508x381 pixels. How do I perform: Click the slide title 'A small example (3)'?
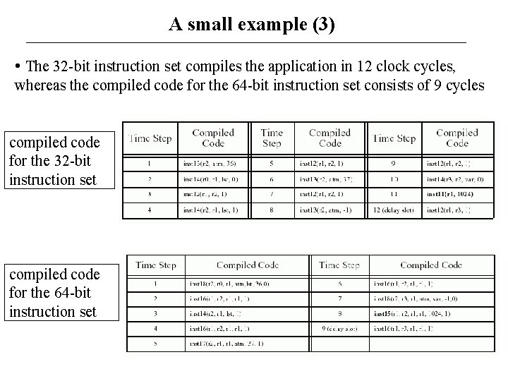[x=252, y=25]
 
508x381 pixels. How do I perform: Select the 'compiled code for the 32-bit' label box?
[x=54, y=160]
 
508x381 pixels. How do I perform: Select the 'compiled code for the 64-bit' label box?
[x=54, y=292]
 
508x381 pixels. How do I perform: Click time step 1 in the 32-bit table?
[x=150, y=164]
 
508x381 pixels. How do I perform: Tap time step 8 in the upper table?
[x=271, y=210]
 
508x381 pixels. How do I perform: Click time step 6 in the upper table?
[x=271, y=179]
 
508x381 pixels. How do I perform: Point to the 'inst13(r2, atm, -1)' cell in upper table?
[x=329, y=210]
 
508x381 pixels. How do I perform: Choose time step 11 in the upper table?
[x=394, y=194]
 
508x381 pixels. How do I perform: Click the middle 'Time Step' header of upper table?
[x=272, y=138]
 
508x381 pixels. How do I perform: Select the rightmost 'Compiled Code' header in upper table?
[x=456, y=138]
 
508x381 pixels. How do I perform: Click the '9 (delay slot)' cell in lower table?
[x=339, y=328]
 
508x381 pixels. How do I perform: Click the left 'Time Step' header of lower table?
[x=155, y=265]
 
